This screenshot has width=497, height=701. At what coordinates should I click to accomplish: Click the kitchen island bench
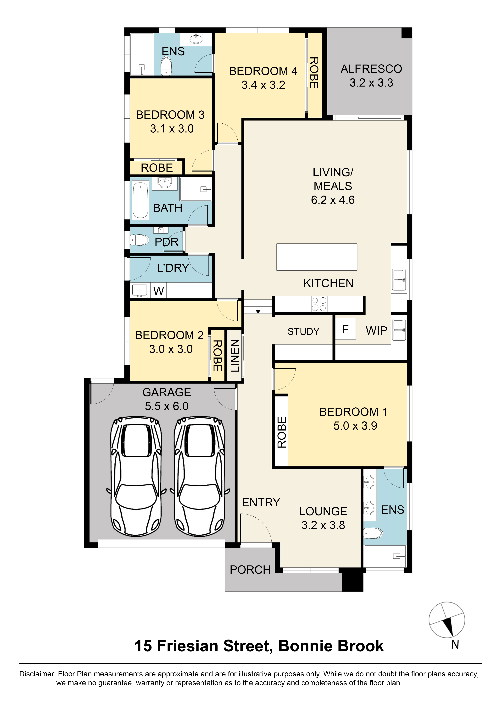point(317,257)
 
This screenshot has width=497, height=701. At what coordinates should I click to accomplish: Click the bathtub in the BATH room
point(140,200)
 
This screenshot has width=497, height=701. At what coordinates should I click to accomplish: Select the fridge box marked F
point(345,329)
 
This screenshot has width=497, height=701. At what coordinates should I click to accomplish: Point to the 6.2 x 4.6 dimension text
point(333,200)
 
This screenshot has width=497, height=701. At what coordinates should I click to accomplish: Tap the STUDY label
point(303,332)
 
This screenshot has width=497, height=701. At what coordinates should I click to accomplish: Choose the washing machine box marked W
point(159,291)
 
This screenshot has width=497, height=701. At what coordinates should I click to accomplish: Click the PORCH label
point(250,570)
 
